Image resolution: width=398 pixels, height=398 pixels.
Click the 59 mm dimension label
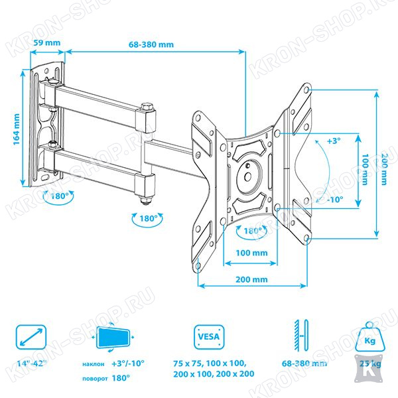click(47, 42)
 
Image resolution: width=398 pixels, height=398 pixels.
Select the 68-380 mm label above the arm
click(151, 44)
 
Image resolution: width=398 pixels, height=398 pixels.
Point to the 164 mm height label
click(16, 129)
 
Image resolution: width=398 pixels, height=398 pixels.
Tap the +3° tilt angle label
click(334, 141)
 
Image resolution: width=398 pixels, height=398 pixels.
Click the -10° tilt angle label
click(335, 200)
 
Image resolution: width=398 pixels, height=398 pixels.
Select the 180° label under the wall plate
click(60, 196)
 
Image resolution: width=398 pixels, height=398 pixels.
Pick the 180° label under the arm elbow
click(148, 218)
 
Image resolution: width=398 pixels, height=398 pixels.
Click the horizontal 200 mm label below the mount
click(251, 279)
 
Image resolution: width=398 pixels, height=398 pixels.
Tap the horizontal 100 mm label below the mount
click(251, 253)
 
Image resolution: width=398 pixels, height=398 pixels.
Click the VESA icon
click(209, 337)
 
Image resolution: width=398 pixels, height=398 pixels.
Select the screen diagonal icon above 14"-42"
click(31, 337)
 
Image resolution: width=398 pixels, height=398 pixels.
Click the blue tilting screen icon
click(113, 338)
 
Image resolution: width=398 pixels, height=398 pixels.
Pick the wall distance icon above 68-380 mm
click(302, 336)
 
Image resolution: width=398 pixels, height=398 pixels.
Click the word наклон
click(93, 364)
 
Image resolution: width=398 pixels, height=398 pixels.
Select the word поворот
click(95, 379)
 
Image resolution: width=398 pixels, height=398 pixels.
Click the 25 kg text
click(370, 364)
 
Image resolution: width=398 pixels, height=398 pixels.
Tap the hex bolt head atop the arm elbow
click(147, 106)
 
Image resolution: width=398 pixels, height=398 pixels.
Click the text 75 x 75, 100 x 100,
click(210, 364)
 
